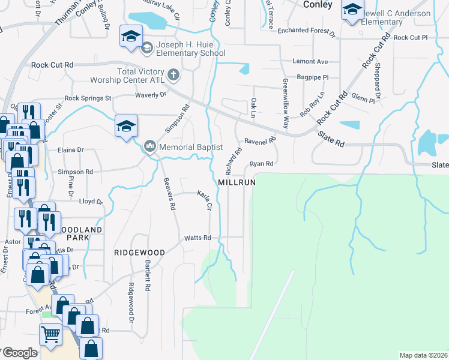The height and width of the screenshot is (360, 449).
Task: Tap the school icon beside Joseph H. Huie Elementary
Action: [x=130, y=37]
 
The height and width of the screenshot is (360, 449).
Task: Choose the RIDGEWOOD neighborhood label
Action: [x=139, y=253]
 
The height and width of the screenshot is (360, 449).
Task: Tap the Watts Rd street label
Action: [x=198, y=238]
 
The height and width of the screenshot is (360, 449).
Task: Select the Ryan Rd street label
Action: [x=262, y=163]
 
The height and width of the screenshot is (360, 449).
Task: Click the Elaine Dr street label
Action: [x=71, y=150]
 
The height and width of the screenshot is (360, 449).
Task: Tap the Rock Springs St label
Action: [x=88, y=98]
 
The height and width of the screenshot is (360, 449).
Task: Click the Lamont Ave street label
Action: [x=310, y=62]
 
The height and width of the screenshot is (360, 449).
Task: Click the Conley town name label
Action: [x=318, y=4]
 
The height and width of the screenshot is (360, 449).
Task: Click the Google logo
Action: [x=19, y=353]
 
